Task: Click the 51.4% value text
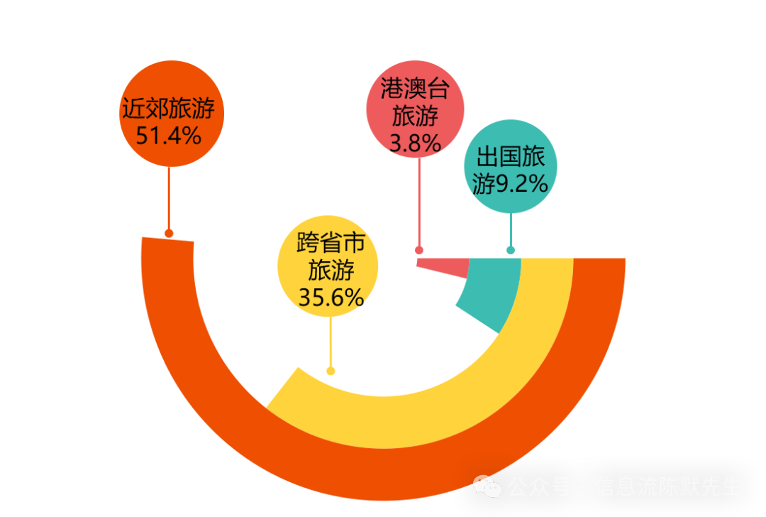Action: point(169,135)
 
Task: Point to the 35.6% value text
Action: point(331,298)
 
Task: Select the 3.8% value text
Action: point(416,143)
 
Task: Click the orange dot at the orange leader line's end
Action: point(169,233)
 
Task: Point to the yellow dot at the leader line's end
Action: point(331,371)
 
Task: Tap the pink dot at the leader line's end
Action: point(419,250)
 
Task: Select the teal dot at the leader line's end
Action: point(511,250)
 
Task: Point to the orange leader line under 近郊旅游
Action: point(169,199)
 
